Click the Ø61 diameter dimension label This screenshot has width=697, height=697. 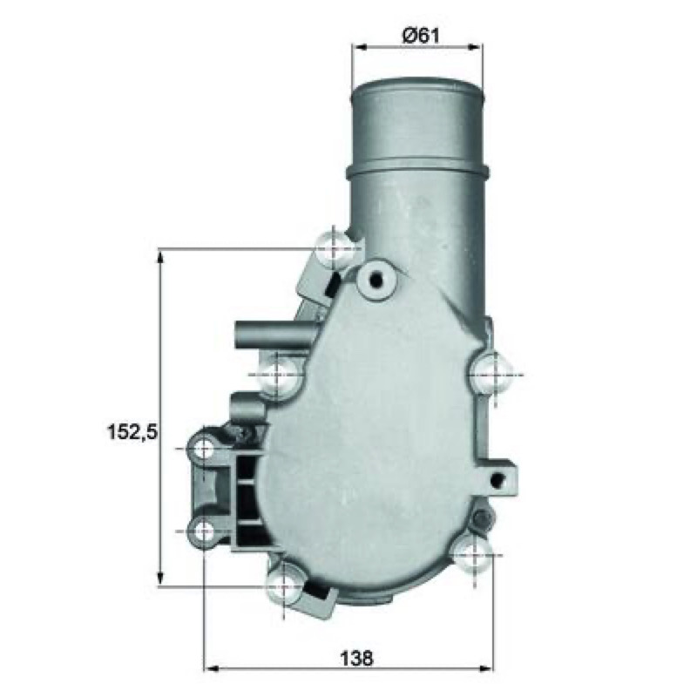tap(420, 35)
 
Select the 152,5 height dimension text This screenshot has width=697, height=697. tap(132, 431)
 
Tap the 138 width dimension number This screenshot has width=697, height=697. tap(356, 659)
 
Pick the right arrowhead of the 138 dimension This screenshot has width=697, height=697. tap(485, 668)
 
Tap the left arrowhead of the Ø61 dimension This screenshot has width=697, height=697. tap(360, 47)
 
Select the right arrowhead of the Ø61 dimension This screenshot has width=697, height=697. tap(474, 47)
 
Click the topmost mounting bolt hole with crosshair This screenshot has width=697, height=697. tap(334, 250)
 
